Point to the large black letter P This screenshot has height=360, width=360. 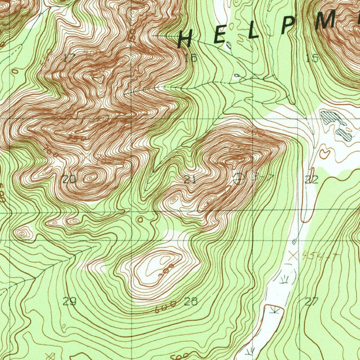[288, 26]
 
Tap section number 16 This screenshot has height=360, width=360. [191, 58]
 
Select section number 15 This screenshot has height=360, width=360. [312, 58]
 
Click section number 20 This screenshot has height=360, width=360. [69, 180]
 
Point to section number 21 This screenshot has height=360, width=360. [190, 180]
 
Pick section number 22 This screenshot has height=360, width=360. [311, 180]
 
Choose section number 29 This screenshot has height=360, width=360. [70, 301]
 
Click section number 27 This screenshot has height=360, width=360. [311, 301]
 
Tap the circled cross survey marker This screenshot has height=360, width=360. [239, 179]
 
